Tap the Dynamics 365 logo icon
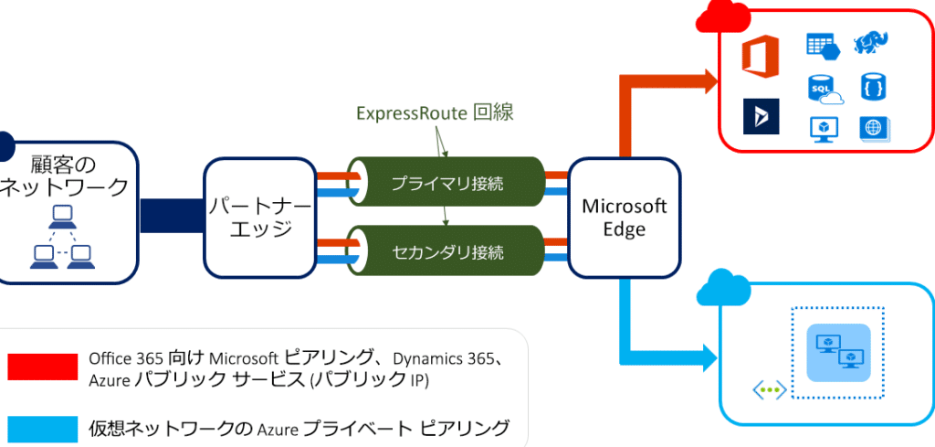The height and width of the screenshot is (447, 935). (x=759, y=117)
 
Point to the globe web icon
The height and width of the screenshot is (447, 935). (x=874, y=128)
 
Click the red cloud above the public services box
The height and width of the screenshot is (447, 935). (x=722, y=16)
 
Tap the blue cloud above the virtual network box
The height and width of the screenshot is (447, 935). (x=724, y=289)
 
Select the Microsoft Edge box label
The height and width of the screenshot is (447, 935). (x=625, y=218)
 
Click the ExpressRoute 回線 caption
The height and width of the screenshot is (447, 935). (x=435, y=113)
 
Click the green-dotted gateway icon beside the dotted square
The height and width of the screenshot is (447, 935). (x=769, y=390)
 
